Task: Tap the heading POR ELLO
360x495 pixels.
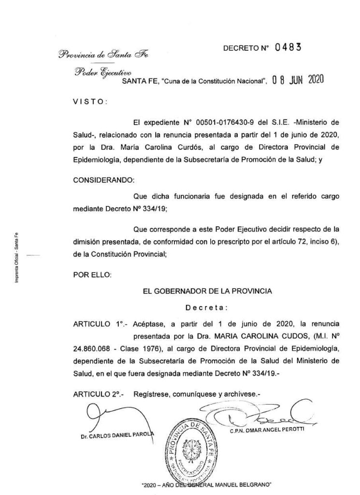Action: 92,275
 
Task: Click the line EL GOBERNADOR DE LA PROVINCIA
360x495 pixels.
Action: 205,291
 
